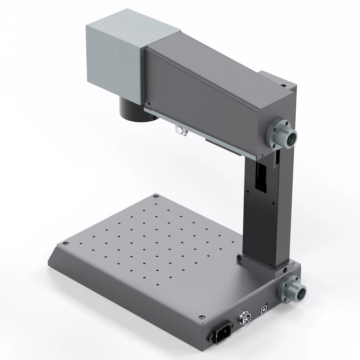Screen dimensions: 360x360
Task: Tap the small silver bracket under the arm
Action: [x=181, y=131]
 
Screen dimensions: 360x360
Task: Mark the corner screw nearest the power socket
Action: [x=202, y=318]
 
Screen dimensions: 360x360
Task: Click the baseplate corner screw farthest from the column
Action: [x=65, y=244]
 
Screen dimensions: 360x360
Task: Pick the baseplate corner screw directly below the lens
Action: [x=156, y=197]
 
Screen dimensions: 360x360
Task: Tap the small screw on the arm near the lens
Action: [x=148, y=103]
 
